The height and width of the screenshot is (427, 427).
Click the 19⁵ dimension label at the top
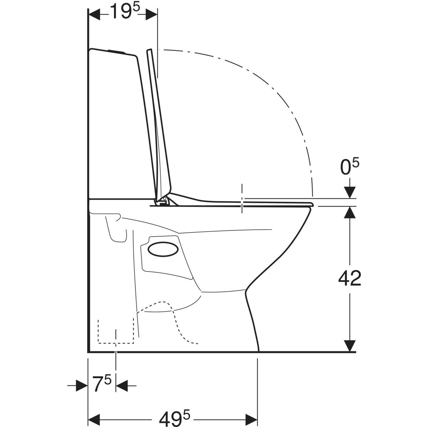[125, 11]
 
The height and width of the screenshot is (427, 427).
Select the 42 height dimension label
[350, 278]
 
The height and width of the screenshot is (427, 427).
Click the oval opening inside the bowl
[163, 249]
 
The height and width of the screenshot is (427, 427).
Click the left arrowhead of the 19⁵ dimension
[94, 15]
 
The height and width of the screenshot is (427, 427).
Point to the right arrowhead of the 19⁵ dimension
[151, 15]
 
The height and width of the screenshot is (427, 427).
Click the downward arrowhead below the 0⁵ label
[350, 193]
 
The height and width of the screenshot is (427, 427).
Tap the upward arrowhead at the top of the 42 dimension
[350, 212]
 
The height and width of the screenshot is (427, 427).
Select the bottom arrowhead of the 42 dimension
[350, 346]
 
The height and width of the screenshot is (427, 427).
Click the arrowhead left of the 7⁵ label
[82, 386]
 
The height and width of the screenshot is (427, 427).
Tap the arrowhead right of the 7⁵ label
[122, 386]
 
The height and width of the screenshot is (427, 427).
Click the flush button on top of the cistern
[117, 52]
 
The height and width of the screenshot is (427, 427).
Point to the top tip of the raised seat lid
[149, 49]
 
